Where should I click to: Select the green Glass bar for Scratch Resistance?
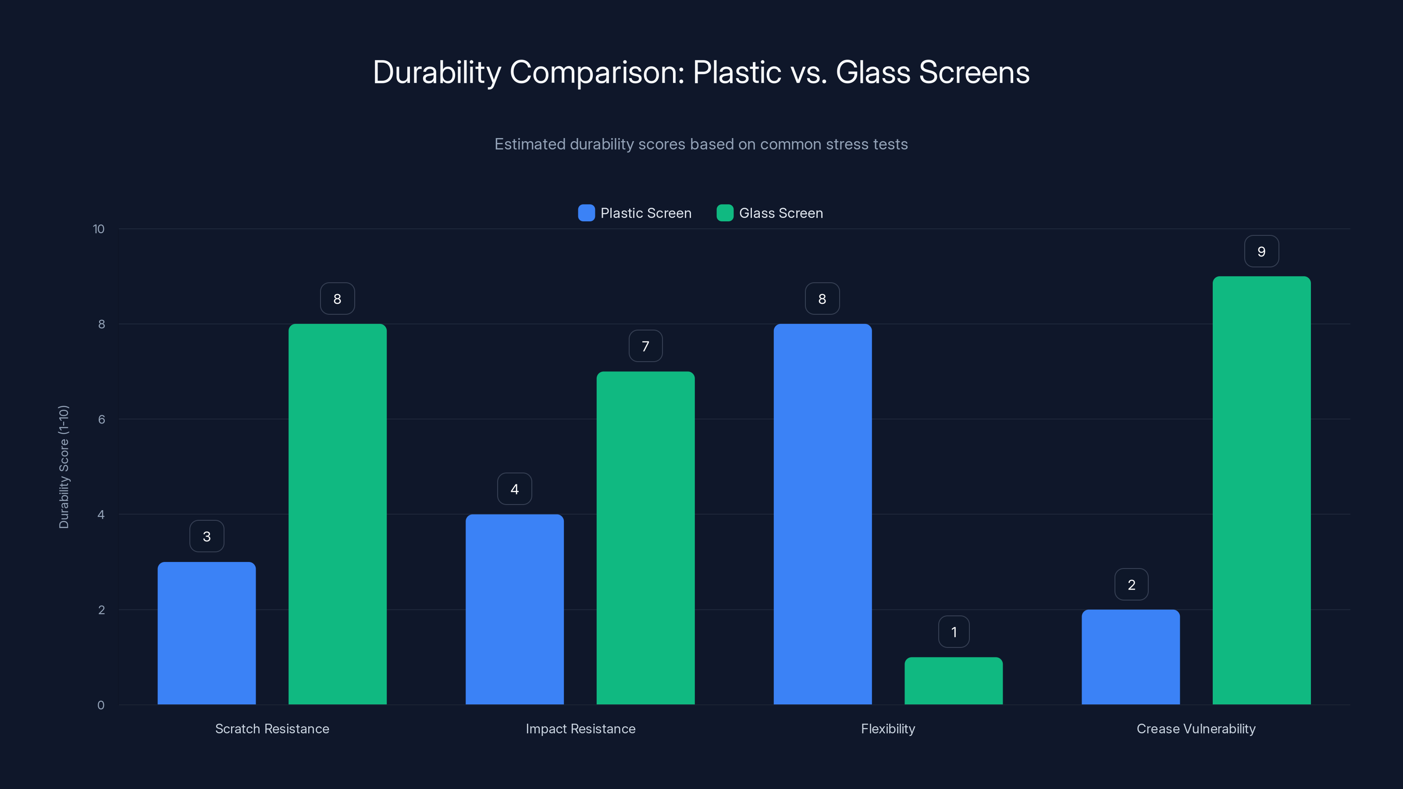click(337, 514)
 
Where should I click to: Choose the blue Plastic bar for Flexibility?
click(823, 514)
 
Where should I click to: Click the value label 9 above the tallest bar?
click(1261, 251)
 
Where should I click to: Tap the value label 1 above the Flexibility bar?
click(954, 632)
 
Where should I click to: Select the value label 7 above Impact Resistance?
click(645, 346)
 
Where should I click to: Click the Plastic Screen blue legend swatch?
click(586, 213)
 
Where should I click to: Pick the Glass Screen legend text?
click(780, 213)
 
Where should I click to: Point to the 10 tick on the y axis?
click(99, 229)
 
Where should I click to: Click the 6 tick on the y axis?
click(101, 419)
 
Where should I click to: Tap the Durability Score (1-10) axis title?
click(64, 467)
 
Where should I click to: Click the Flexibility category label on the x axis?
click(888, 729)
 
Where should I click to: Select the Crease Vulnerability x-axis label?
click(1196, 729)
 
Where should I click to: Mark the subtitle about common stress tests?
click(701, 144)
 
